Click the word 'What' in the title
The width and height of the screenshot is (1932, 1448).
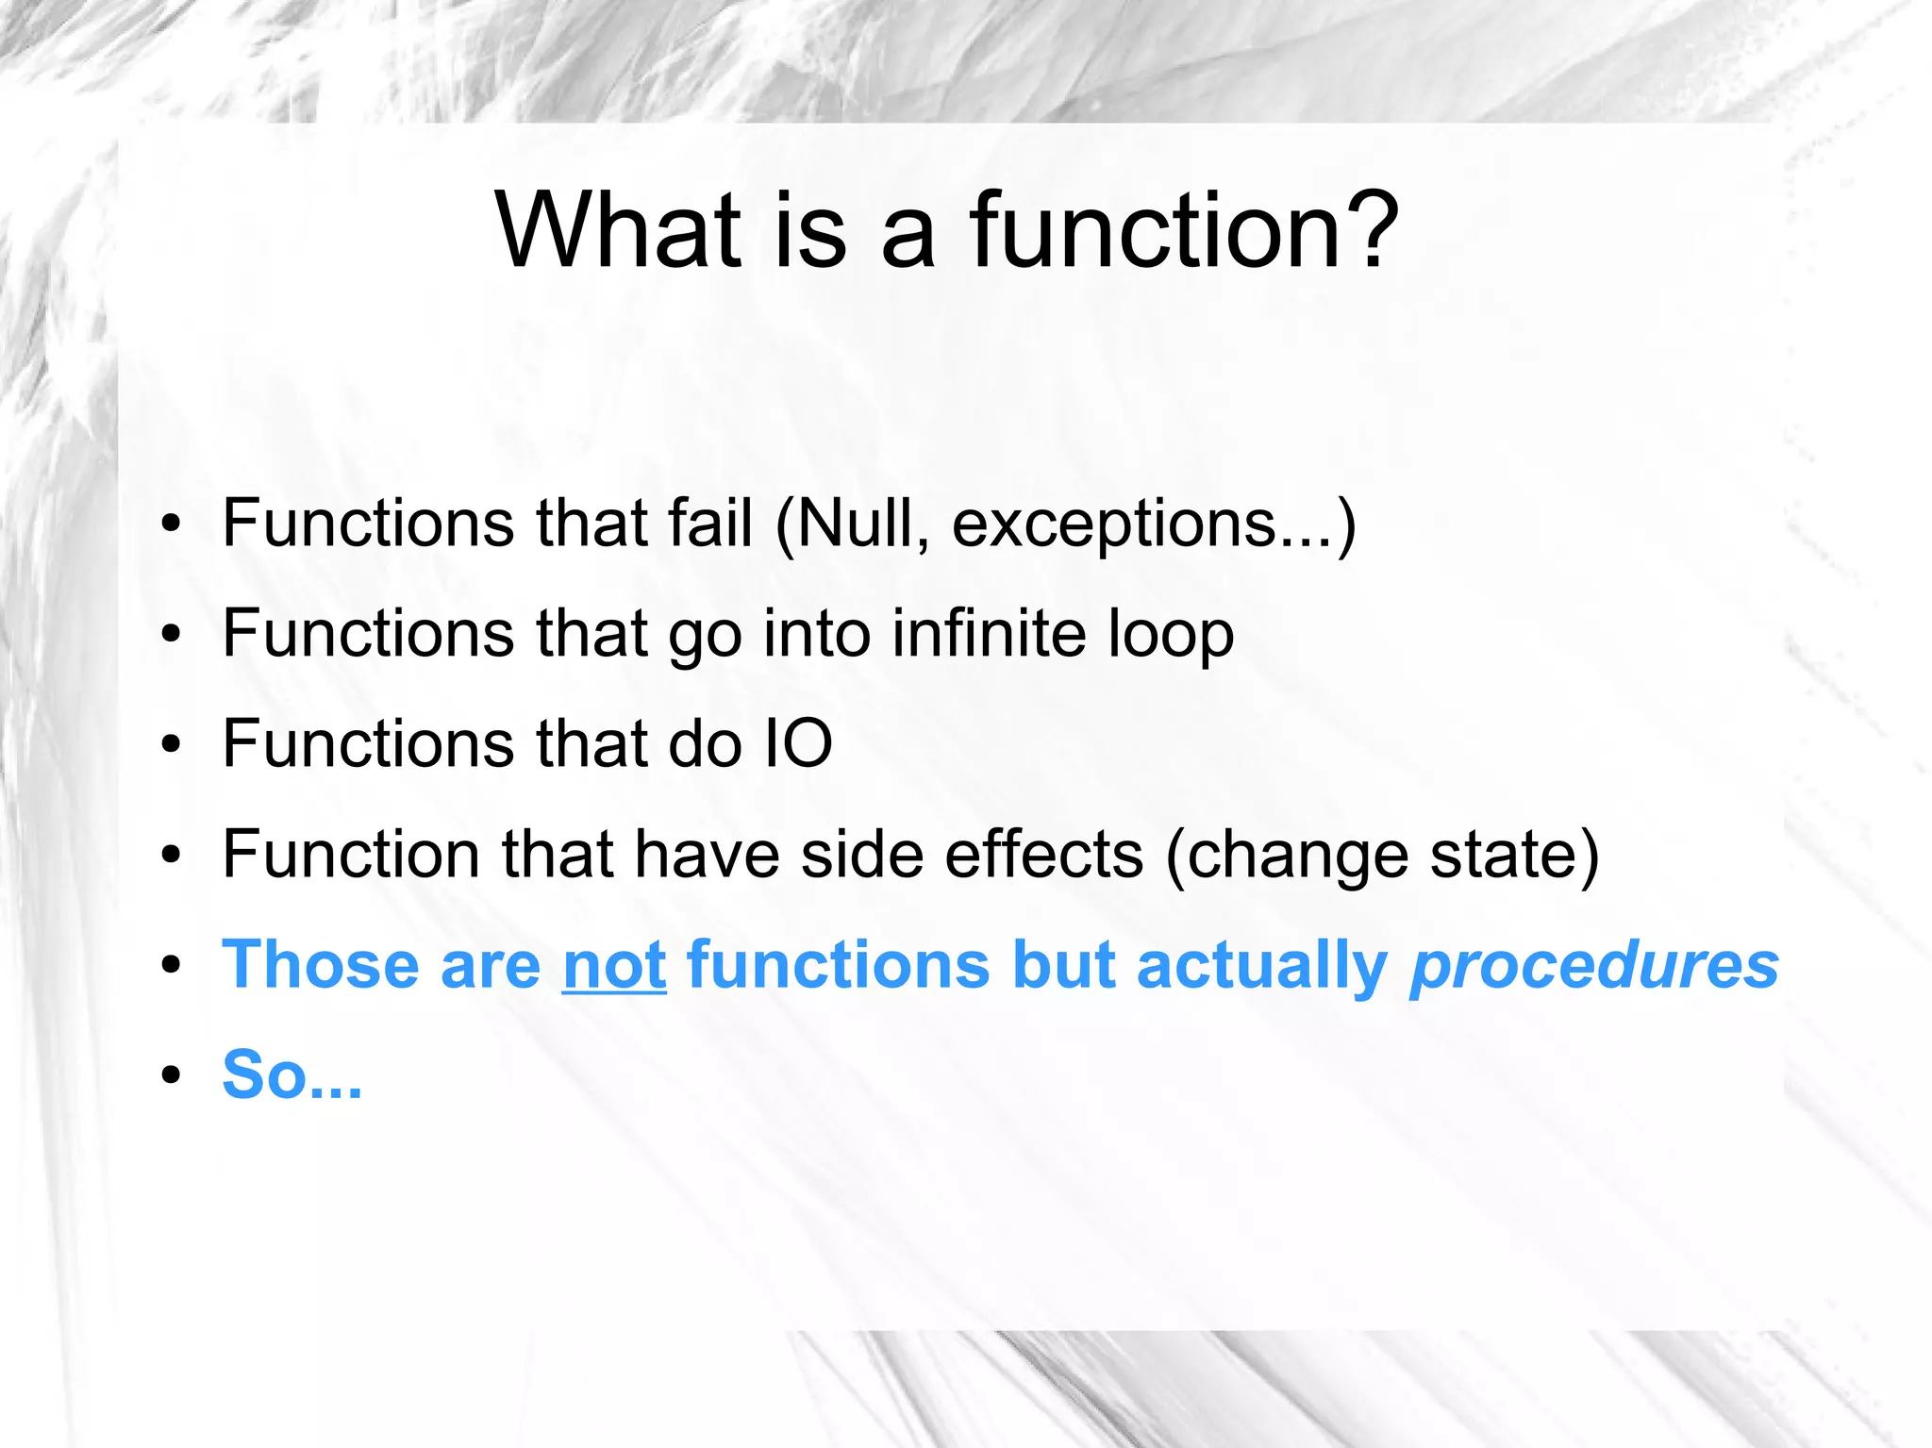619,231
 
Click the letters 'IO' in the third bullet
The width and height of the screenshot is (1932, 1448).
798,743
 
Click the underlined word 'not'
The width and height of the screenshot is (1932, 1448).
614,966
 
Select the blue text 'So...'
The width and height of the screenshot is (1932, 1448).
291,1075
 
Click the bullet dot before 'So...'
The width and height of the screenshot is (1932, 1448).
170,1075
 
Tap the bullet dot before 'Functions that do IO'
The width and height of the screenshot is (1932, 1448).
170,744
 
